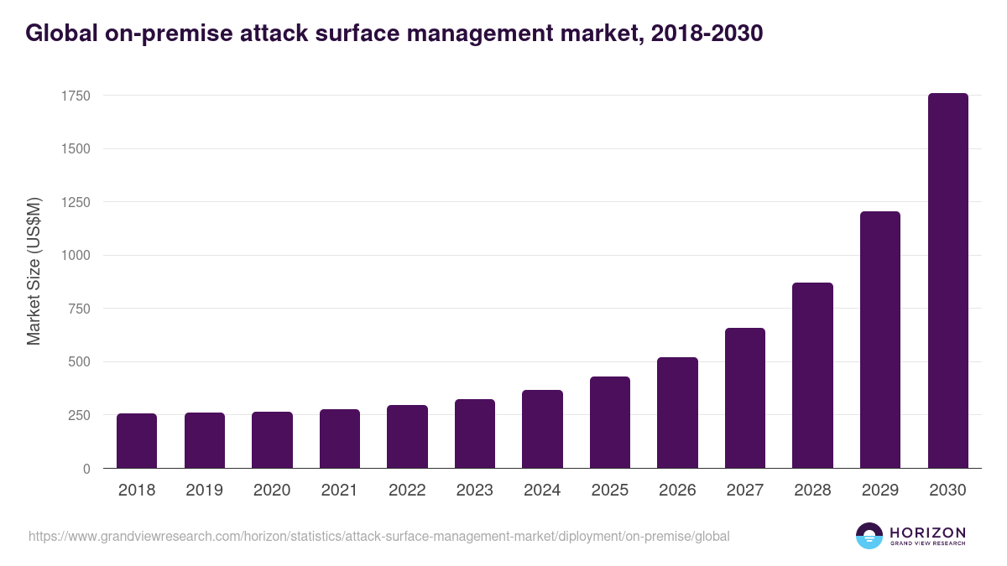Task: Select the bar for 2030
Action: pos(947,281)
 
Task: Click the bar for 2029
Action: pos(880,340)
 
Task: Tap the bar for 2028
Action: pos(812,376)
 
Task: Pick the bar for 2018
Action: pos(137,441)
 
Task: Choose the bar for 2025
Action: pos(610,423)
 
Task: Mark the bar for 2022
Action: pos(407,437)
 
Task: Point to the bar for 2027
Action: pos(745,398)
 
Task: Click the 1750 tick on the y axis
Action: pos(76,96)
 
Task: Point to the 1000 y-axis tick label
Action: pos(76,256)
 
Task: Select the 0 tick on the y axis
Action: pos(86,469)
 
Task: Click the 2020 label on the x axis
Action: pos(272,491)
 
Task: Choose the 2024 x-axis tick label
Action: pos(542,491)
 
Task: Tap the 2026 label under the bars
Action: pos(677,491)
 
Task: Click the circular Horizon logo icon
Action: pos(869,536)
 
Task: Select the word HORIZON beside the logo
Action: pos(927,532)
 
